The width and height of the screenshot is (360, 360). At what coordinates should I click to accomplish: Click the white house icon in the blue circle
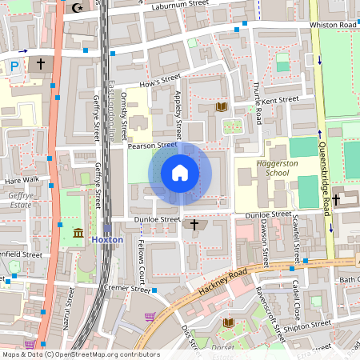click(x=180, y=172)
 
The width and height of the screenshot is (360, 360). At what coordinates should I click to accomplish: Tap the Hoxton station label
click(x=107, y=239)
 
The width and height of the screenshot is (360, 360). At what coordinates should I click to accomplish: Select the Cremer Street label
click(x=129, y=290)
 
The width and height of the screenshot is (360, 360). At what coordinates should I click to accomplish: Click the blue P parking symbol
click(x=14, y=68)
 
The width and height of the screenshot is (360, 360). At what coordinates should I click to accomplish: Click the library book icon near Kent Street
click(x=222, y=106)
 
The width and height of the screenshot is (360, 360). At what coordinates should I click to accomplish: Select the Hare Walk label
click(x=22, y=180)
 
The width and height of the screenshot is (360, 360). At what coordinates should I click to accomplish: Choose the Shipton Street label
click(x=309, y=324)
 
